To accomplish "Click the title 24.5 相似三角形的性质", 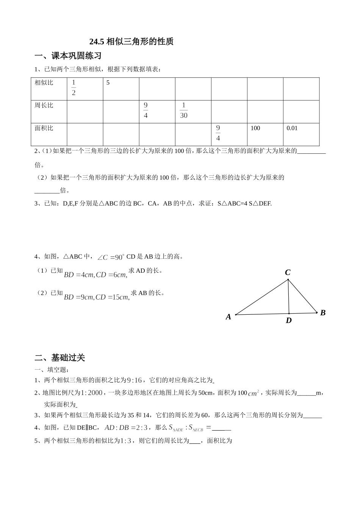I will pos(131,42).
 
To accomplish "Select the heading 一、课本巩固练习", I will pos(68,56).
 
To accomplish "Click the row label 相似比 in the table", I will pos(44,83).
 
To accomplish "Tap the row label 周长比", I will pos(44,105).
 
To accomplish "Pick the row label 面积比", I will pos(44,128).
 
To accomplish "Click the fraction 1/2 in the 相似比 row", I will pos(74,87).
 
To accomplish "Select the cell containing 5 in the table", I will pos(108,83).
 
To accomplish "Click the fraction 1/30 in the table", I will pos(184,110).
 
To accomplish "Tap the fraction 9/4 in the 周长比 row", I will pos(146,110).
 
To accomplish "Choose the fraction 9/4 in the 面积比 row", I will pos(218,133).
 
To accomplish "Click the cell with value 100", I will pos(255,128).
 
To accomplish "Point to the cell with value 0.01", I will pos(292,128).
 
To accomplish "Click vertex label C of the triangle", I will pos(288,272).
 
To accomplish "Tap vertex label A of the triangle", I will pos(229,317).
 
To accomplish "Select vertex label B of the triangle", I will pos(323,313).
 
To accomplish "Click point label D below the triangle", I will pos(289,321).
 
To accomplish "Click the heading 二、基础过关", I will pos(60,358).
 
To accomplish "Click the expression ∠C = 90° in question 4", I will pos(111,257).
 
